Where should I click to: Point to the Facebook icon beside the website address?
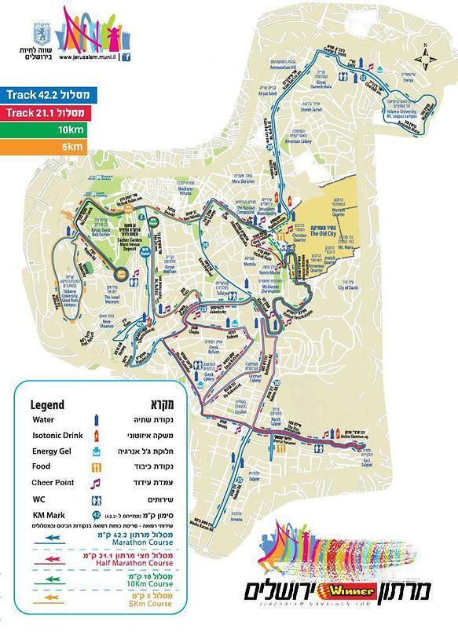point(127,57)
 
